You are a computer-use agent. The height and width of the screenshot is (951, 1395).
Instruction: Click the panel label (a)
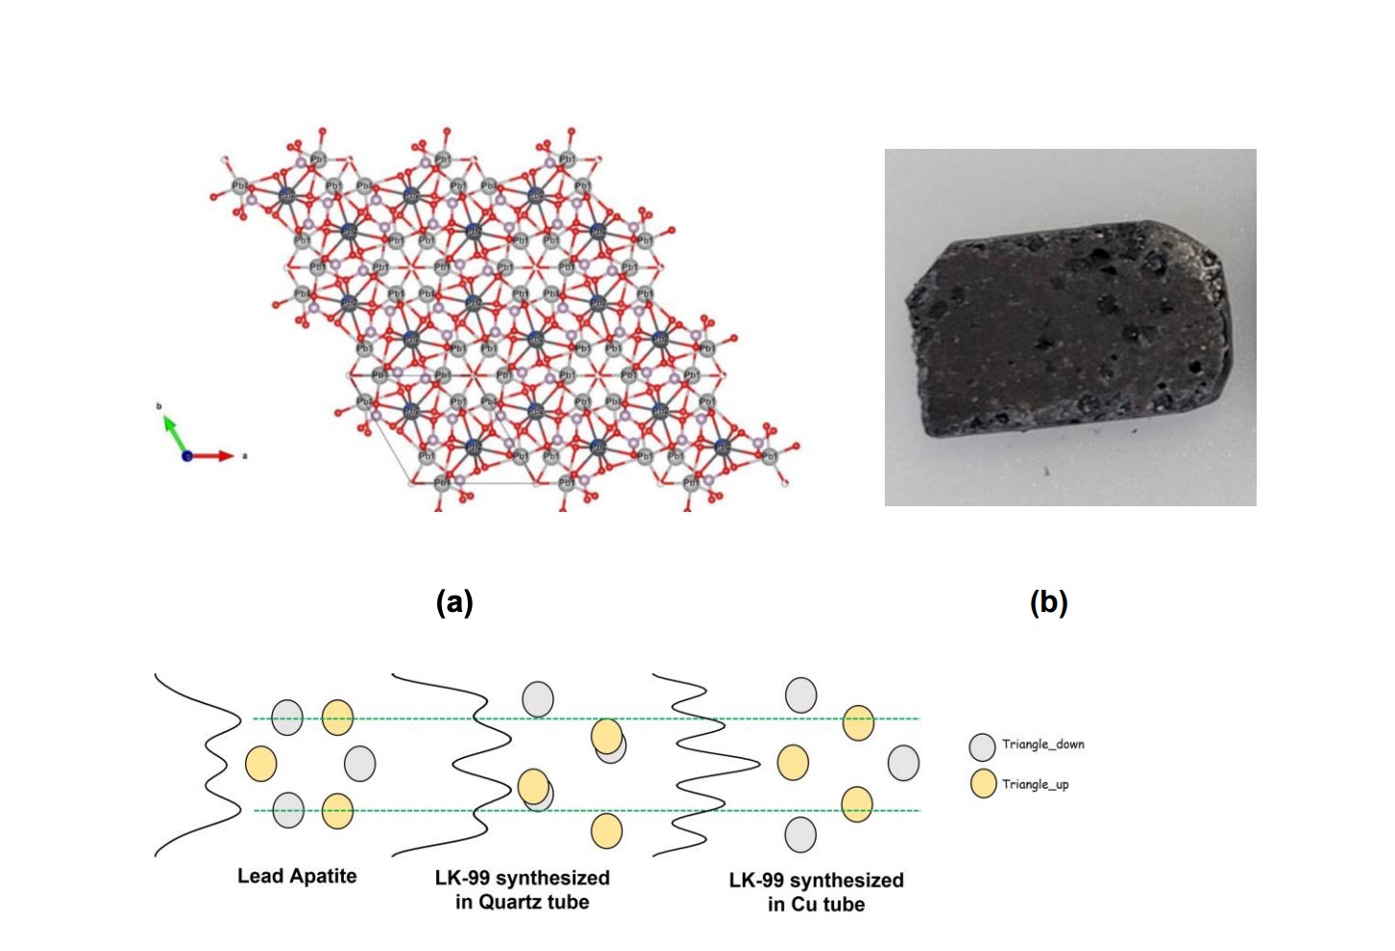tap(454, 602)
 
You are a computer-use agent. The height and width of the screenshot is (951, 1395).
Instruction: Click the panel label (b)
tap(1048, 602)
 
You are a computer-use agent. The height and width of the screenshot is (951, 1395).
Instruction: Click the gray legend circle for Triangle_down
tap(982, 746)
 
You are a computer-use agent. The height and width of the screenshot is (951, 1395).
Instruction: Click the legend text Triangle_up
tap(1035, 785)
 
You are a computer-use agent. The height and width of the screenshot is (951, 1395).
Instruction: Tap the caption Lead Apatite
tap(297, 876)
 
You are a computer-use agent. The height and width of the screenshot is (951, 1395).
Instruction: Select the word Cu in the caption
tap(804, 905)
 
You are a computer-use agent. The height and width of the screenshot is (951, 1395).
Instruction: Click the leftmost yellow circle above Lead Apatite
tap(261, 764)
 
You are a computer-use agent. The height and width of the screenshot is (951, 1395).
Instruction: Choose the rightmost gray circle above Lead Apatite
tap(360, 764)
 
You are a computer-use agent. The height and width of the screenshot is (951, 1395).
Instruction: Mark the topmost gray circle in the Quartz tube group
tap(538, 698)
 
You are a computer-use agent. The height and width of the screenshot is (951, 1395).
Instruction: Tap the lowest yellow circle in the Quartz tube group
tap(606, 831)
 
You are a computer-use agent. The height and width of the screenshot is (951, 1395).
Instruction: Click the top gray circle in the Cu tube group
tap(801, 695)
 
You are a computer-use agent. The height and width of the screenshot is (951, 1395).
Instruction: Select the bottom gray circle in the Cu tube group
tap(800, 835)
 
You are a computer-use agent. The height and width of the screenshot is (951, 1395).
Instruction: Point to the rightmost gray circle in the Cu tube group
tap(903, 763)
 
